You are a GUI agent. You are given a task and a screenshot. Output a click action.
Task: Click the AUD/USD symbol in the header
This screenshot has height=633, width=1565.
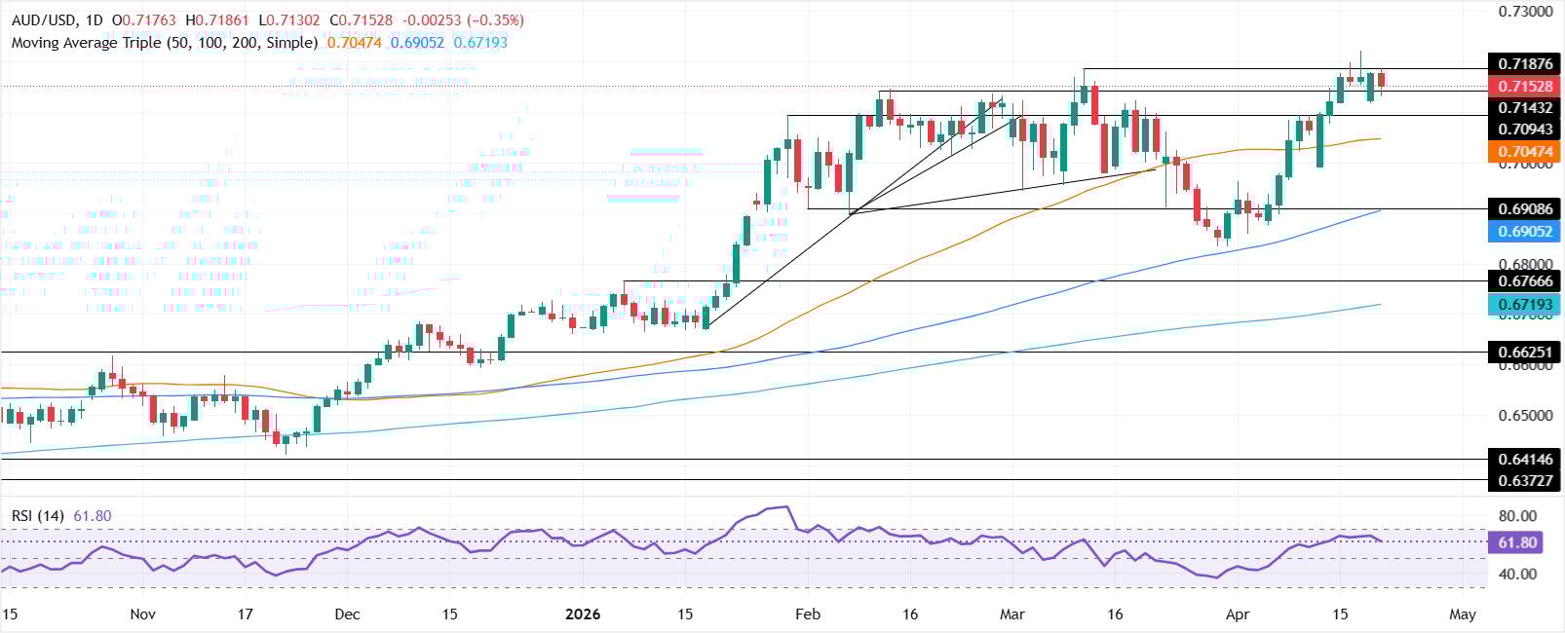[x=43, y=20]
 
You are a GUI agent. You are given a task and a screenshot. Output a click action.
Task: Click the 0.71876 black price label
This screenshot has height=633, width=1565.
[x=1526, y=64]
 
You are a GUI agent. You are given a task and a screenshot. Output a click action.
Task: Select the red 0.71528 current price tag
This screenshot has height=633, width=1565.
[x=1526, y=86]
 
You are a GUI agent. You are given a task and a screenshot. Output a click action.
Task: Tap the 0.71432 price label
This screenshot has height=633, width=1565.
[x=1526, y=108]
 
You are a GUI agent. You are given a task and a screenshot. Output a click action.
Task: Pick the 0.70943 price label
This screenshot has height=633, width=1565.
[x=1526, y=130]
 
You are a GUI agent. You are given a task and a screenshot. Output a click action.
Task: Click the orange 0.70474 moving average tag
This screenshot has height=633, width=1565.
[x=1526, y=152]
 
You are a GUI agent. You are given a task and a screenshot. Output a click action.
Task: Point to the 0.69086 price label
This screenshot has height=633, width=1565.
[x=1526, y=208]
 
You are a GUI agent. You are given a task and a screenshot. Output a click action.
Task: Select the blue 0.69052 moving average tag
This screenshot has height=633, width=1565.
[x=1526, y=231]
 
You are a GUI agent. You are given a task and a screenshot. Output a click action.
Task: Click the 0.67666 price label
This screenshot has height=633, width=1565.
[x=1526, y=281]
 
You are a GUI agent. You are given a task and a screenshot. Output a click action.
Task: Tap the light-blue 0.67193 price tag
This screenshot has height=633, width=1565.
[x=1526, y=305]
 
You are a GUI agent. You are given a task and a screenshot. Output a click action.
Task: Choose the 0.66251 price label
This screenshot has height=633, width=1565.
[x=1526, y=353]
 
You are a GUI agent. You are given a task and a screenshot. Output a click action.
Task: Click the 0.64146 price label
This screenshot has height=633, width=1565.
[x=1526, y=460]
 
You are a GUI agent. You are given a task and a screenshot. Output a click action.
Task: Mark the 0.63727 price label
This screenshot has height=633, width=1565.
[x=1526, y=480]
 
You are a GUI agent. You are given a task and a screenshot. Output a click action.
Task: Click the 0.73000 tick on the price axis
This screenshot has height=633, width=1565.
[x=1524, y=12]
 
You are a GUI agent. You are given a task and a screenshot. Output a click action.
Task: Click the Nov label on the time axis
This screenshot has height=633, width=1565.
[x=142, y=614]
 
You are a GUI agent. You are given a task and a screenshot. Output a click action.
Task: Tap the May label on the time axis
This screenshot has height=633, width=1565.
[x=1463, y=614]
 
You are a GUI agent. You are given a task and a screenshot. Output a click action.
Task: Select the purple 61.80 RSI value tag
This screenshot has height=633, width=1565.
[x=1514, y=542]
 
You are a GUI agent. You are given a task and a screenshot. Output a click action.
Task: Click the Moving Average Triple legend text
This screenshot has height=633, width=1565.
[x=165, y=43]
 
